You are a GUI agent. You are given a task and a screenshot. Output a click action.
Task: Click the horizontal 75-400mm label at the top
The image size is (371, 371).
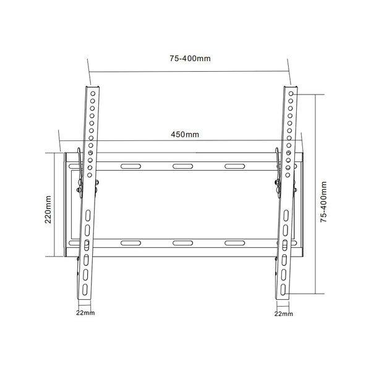[190, 59]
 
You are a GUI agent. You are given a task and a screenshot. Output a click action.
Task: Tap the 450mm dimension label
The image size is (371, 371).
[185, 134]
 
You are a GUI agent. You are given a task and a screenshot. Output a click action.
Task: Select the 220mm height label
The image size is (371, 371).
[48, 210]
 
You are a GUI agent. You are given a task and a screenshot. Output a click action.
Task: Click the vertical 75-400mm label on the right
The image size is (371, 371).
[323, 202]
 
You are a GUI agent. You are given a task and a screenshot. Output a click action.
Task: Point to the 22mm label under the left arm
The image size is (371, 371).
[85, 313]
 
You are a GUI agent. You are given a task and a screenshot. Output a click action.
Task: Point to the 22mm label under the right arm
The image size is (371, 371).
[284, 313]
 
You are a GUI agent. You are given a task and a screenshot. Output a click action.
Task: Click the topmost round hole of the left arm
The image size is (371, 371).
[93, 94]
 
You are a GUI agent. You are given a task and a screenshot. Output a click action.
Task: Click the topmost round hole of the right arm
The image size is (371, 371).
[291, 94]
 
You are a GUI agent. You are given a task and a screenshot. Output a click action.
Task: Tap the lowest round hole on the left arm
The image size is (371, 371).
[90, 175]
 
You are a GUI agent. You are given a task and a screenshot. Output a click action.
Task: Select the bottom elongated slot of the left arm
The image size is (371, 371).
[85, 290]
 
